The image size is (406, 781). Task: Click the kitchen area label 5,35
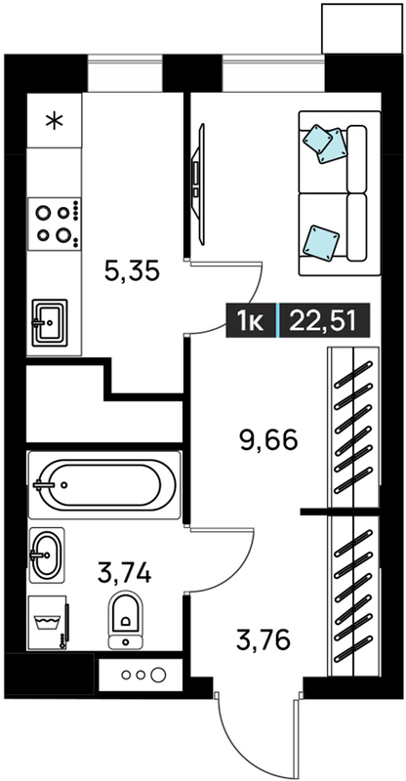click(x=132, y=271)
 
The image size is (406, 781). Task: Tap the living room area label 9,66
click(x=269, y=440)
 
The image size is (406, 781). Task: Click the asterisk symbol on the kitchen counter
click(x=54, y=121)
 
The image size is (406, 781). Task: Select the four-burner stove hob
click(x=54, y=224)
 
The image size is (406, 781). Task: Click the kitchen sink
click(x=50, y=322)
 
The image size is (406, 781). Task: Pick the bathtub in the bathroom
click(x=104, y=484)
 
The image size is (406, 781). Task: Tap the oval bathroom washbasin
click(x=47, y=555)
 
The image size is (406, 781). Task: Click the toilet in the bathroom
click(x=125, y=620)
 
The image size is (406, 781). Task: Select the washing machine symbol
click(x=49, y=623)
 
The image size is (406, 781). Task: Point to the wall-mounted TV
click(x=199, y=185)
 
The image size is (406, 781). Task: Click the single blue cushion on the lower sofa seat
click(x=321, y=242)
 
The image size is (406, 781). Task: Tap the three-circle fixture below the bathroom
click(x=141, y=676)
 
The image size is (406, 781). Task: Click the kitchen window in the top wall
click(x=125, y=74)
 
